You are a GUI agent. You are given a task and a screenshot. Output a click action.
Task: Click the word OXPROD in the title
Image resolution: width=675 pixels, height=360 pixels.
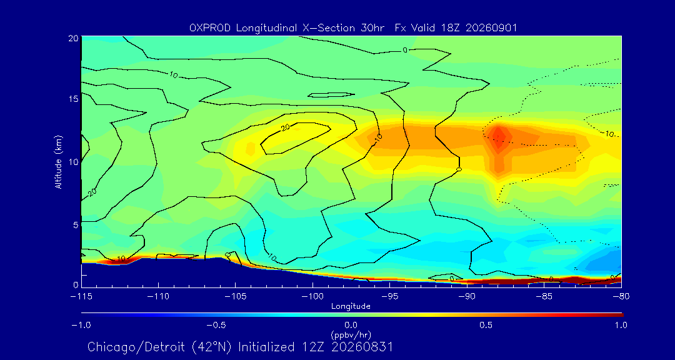click(x=209, y=28)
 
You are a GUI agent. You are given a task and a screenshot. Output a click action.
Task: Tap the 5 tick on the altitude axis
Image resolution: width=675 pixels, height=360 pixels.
click(x=75, y=224)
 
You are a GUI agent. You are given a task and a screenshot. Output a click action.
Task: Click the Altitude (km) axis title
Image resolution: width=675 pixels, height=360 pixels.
click(x=59, y=161)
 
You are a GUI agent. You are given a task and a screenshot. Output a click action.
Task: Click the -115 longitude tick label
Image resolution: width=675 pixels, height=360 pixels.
click(x=81, y=296)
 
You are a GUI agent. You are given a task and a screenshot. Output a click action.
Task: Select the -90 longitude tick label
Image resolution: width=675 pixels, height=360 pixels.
click(x=467, y=296)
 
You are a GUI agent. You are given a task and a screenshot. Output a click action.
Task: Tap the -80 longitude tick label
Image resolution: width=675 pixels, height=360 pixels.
click(x=621, y=296)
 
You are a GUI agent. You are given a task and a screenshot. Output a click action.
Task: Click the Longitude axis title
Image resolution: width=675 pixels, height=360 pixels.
click(x=351, y=307)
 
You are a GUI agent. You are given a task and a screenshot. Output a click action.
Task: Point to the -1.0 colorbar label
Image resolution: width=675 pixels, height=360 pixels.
click(x=81, y=325)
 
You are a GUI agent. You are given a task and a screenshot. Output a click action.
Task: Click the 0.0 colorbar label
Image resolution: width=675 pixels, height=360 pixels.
click(x=351, y=325)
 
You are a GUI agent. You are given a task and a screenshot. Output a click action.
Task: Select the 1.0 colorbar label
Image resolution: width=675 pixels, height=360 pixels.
click(x=620, y=325)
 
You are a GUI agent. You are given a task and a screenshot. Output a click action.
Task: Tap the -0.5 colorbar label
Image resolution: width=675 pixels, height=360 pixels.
click(x=216, y=325)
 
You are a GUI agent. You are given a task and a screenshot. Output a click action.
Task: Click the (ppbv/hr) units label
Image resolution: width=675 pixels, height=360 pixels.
click(x=351, y=334)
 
